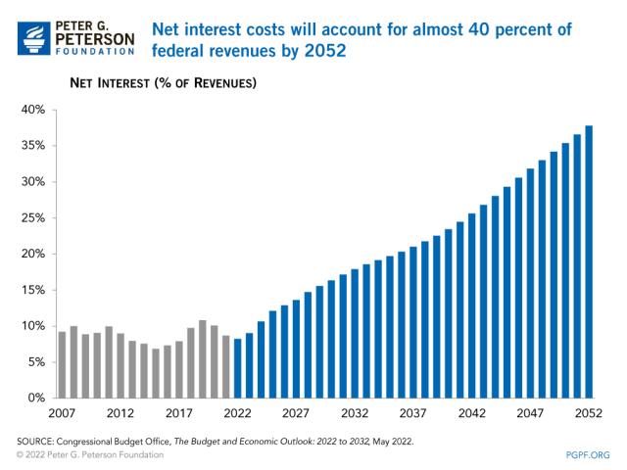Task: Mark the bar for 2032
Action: (355, 334)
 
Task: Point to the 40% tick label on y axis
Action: (32, 110)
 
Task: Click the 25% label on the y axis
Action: (32, 217)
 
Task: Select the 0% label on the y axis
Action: (35, 398)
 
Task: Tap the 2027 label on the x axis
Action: (296, 414)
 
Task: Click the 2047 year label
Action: (530, 414)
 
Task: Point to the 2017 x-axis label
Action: (179, 414)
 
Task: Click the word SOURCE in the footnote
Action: (41, 442)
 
